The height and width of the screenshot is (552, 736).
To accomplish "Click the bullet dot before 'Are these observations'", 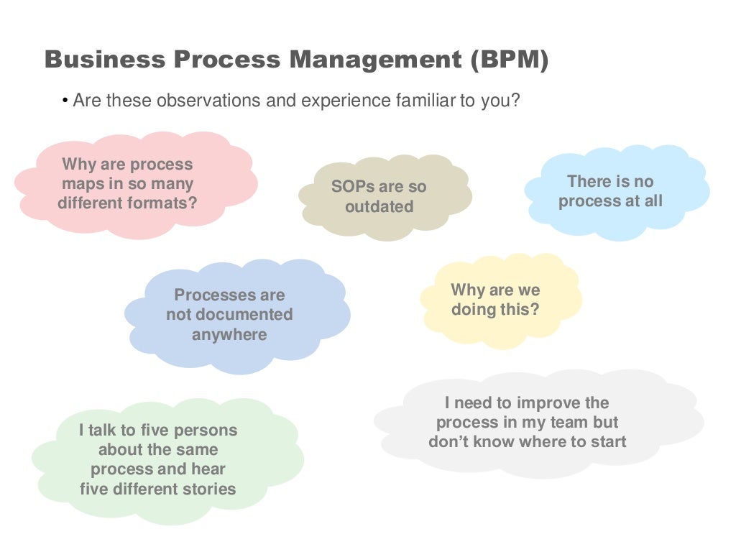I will (65, 101).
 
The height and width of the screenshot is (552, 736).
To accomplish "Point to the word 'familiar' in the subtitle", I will (427, 101).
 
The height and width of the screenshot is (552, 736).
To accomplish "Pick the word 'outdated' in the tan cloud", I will (379, 207).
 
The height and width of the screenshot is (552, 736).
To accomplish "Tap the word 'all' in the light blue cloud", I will (653, 201).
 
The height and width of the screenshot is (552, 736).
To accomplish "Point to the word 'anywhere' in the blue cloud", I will (229, 335).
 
